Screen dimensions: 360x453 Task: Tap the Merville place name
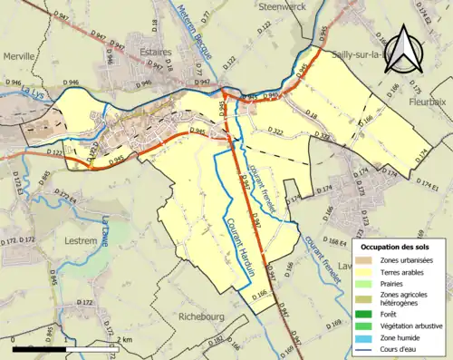coord(19,56)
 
